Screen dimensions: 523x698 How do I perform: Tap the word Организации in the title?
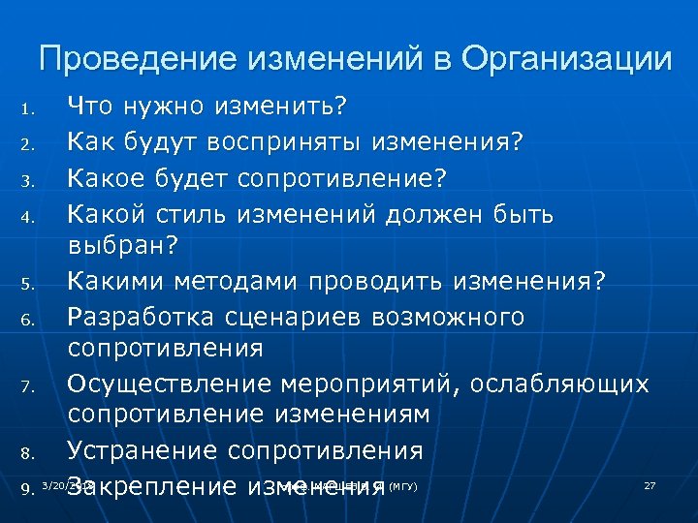tap(565, 59)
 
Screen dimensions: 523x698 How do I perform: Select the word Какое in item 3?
tap(106, 178)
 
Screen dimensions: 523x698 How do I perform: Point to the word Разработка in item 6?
tap(144, 318)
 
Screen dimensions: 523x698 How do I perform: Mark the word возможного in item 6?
tap(456, 318)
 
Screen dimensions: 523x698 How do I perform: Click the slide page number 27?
tap(650, 484)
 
